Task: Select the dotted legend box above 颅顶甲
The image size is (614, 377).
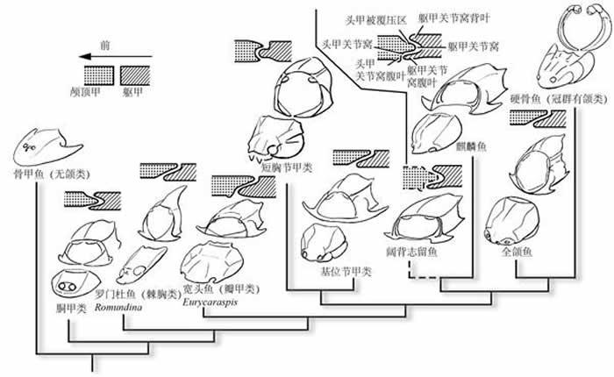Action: click(97, 74)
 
